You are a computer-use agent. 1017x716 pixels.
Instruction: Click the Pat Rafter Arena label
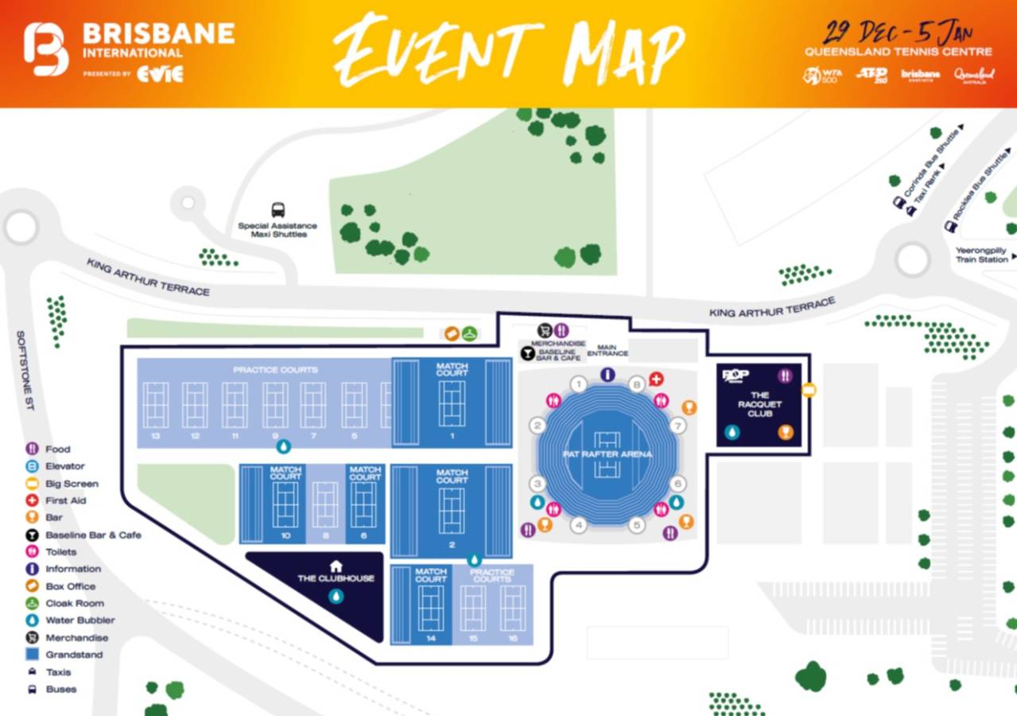607,454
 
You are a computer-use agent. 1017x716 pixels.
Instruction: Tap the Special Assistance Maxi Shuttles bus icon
278,210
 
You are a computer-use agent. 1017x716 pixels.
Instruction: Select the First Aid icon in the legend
33,500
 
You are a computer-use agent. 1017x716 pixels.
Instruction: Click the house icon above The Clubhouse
336,566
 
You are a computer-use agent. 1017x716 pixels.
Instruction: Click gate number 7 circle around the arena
677,426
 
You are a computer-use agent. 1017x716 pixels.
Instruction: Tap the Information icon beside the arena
607,374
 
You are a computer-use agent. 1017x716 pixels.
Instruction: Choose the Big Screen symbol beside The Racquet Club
809,390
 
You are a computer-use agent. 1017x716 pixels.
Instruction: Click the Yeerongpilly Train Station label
981,255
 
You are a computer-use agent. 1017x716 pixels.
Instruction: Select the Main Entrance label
607,349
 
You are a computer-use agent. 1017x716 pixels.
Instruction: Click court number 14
431,638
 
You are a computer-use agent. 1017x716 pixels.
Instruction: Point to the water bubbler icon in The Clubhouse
336,596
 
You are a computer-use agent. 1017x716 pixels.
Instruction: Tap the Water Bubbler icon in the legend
33,620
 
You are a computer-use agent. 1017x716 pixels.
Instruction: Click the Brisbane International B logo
46,49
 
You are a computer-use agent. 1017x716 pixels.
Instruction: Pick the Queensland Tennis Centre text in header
898,52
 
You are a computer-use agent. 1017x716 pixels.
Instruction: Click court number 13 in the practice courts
156,436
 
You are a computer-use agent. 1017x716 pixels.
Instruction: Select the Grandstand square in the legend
33,655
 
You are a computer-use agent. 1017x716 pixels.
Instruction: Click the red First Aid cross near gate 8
656,379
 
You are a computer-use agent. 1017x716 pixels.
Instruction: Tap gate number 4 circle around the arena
579,525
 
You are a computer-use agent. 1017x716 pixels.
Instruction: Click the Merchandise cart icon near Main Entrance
545,329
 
